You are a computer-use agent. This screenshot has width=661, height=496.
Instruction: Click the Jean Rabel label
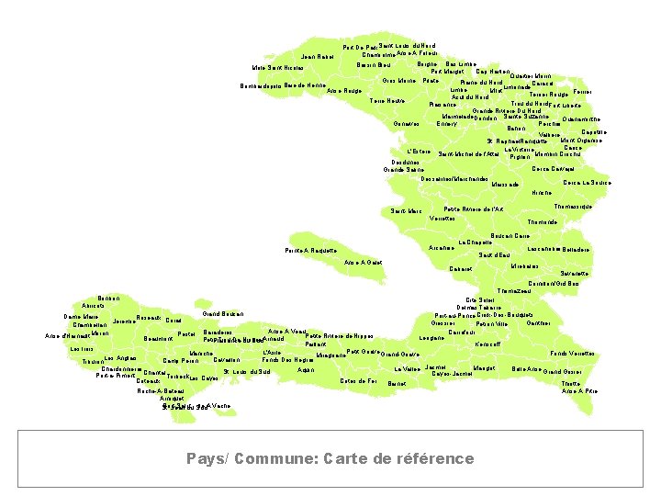[317, 57]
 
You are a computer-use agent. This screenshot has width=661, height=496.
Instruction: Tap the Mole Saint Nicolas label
[278, 68]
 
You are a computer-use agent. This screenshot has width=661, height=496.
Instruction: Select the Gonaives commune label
[405, 124]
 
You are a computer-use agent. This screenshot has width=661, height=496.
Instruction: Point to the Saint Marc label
[407, 211]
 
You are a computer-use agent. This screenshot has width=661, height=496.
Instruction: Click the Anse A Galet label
[364, 264]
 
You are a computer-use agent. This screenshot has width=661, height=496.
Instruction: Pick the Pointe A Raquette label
[310, 251]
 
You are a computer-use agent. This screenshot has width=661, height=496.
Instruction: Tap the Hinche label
[542, 193]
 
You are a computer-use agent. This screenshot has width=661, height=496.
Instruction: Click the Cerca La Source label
[588, 183]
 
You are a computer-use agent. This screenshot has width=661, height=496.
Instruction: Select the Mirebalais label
[524, 266]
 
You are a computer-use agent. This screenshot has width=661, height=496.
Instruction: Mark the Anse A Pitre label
[580, 391]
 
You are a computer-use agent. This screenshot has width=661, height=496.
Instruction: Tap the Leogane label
[432, 338]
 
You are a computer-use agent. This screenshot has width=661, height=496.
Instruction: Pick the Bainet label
[398, 382]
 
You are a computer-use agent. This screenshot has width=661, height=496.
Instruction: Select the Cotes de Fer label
[359, 380]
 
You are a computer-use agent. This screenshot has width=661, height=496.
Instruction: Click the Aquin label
[308, 370]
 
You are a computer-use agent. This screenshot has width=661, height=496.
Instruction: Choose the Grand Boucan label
[222, 314]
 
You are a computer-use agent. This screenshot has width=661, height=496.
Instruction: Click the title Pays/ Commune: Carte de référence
[330, 458]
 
